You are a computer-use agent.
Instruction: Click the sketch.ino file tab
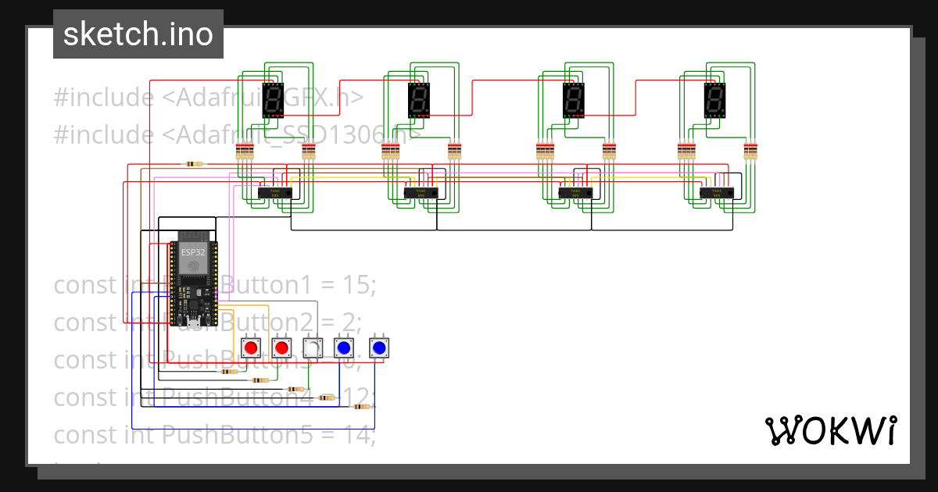[x=138, y=34]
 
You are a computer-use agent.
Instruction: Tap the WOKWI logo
[x=830, y=430]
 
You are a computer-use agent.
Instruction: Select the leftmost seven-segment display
[x=273, y=100]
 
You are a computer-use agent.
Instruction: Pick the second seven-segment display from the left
[x=419, y=100]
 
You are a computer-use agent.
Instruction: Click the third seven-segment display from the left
[x=574, y=100]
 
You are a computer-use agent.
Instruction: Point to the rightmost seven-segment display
[x=714, y=100]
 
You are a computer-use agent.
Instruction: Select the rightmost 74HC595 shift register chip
[x=716, y=192]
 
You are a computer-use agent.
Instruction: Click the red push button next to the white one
[x=281, y=348]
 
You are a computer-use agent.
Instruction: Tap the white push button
[x=312, y=348]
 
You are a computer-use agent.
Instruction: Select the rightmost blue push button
[x=379, y=348]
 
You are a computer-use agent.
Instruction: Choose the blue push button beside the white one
[x=342, y=348]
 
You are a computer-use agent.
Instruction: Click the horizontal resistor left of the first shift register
[x=193, y=164]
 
